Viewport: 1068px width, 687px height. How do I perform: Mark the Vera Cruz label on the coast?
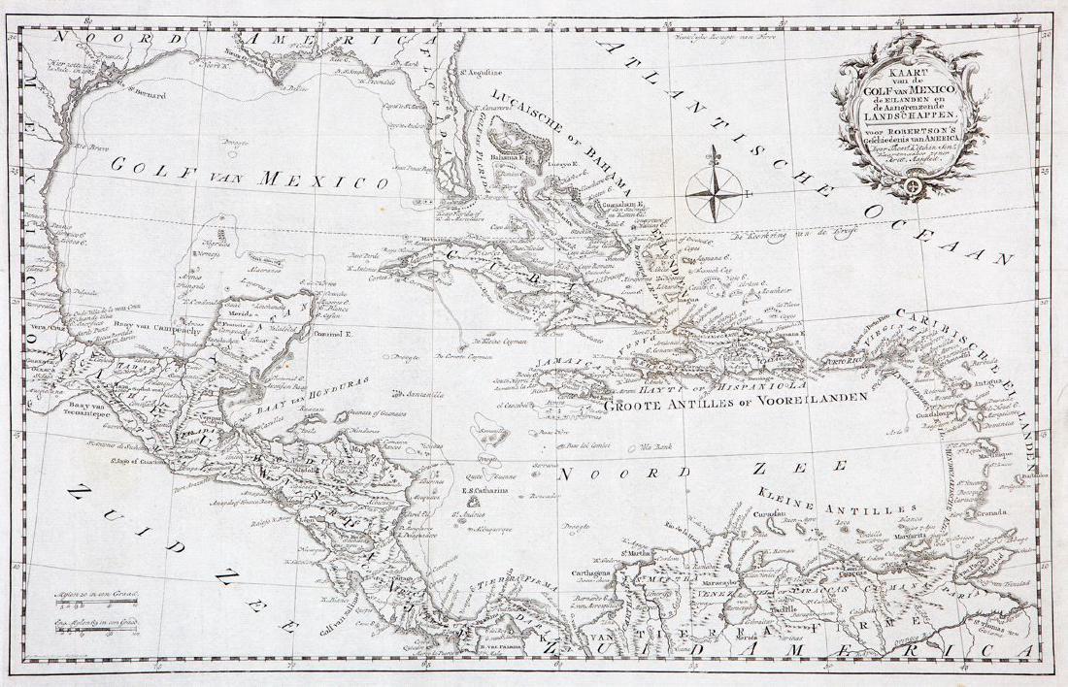pyautogui.click(x=39, y=328)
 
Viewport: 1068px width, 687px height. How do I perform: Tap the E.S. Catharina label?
pyautogui.click(x=484, y=490)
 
